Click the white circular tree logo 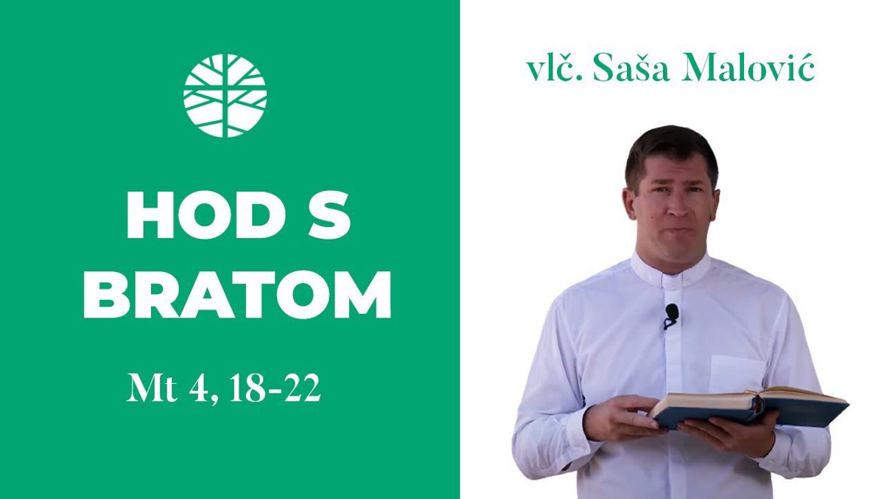(225, 96)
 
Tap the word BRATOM (237, 295)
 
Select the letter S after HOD (329, 215)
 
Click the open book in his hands (749, 408)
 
